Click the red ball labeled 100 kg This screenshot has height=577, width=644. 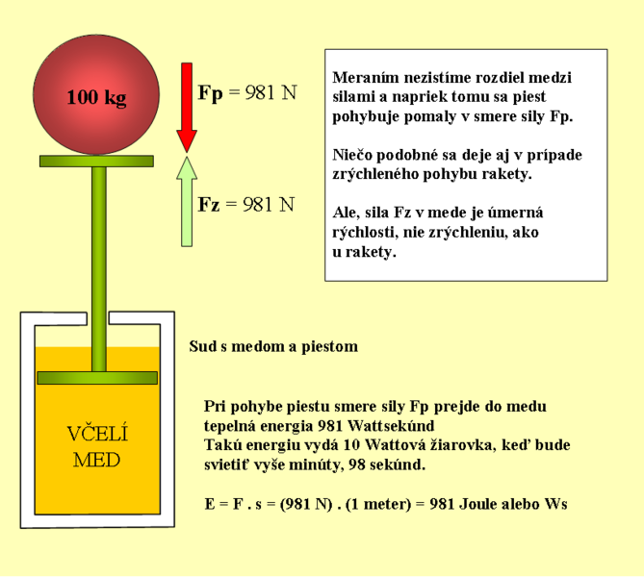pyautogui.click(x=96, y=95)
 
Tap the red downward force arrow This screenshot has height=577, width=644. pyautogui.click(x=187, y=108)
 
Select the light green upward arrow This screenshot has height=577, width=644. pyautogui.click(x=187, y=202)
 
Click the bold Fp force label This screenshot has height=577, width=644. pyautogui.click(x=210, y=93)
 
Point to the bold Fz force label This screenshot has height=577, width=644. pyautogui.click(x=209, y=205)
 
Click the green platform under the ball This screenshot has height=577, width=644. pyautogui.click(x=96, y=161)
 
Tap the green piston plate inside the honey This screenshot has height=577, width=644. pyautogui.click(x=97, y=378)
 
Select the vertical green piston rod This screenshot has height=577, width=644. pyautogui.click(x=99, y=269)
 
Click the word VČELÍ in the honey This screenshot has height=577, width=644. pyautogui.click(x=97, y=434)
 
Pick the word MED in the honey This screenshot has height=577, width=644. pyautogui.click(x=97, y=460)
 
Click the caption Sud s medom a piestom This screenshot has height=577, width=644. pyautogui.click(x=273, y=347)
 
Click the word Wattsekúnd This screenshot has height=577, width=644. pyautogui.click(x=391, y=426)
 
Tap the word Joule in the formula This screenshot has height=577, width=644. pyautogui.click(x=477, y=504)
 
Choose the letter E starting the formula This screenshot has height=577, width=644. pyautogui.click(x=210, y=504)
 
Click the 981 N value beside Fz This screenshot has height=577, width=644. pyautogui.click(x=269, y=205)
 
